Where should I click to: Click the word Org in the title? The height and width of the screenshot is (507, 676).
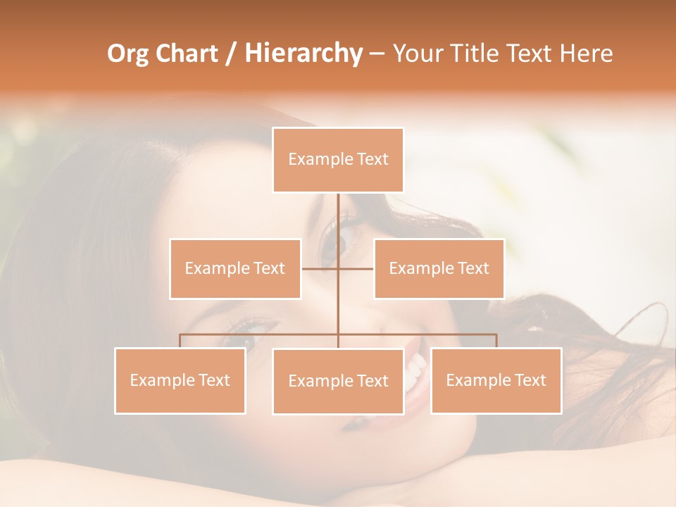[x=127, y=54]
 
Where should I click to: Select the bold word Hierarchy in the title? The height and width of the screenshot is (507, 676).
[x=303, y=54]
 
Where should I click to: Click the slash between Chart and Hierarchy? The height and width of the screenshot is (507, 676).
[x=231, y=54]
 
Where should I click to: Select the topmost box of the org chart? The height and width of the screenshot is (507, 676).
[x=338, y=160]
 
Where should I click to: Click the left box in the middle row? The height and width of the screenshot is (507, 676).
[x=235, y=268]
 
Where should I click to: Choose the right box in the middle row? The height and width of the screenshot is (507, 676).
[x=439, y=268]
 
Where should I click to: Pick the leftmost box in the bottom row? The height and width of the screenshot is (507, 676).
[x=180, y=380]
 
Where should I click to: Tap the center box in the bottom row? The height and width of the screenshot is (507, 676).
[x=338, y=381]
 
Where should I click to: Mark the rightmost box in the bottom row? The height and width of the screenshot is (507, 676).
[x=496, y=380]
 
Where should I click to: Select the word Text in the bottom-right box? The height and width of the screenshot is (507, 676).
[x=530, y=380]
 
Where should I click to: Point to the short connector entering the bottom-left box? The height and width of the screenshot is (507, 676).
[x=180, y=341]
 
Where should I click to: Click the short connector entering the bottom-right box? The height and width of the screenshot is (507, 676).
[x=496, y=341]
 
